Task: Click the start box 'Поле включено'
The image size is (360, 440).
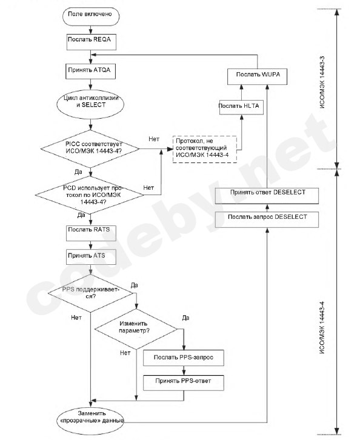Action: click(90, 16)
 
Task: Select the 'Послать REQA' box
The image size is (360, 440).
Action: click(91, 42)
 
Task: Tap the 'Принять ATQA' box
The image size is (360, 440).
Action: click(91, 72)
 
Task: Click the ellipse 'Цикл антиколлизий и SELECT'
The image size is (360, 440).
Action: click(90, 104)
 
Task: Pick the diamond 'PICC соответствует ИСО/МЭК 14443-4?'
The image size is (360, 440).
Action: click(90, 148)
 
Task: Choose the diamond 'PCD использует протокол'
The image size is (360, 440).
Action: click(90, 195)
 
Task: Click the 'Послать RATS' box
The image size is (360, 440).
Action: click(91, 233)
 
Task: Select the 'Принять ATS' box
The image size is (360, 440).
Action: click(91, 257)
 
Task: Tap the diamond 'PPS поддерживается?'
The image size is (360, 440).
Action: click(90, 293)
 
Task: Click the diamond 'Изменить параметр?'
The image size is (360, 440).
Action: click(136, 329)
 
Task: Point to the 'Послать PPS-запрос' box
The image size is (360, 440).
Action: click(184, 358)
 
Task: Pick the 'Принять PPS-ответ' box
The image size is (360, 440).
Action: click(184, 382)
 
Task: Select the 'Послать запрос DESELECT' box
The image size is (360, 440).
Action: click(267, 220)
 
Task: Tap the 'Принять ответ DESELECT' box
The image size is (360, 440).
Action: click(267, 196)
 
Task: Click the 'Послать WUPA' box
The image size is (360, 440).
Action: click(257, 76)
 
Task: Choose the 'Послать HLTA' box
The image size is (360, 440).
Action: click(241, 107)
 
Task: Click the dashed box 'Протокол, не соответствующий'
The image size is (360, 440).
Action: click(205, 149)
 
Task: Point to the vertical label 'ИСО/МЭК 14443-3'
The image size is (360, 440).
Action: click(322, 82)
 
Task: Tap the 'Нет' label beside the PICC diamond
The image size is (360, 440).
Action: click(154, 139)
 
